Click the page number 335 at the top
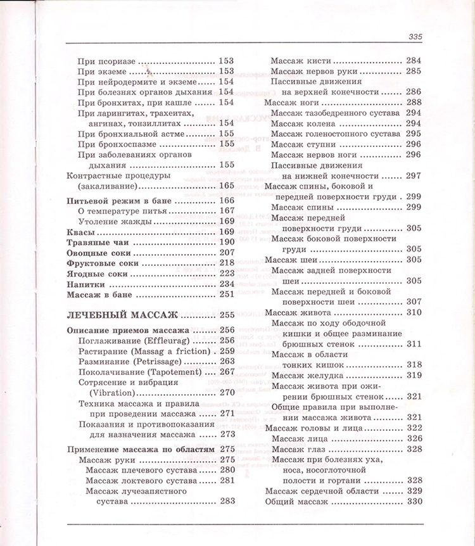coord(415,37)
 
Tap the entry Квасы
coord(80,232)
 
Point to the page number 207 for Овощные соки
coord(227,253)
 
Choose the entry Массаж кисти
coord(301,61)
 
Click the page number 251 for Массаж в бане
coord(227,295)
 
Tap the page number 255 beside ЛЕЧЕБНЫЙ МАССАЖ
coord(227,315)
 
